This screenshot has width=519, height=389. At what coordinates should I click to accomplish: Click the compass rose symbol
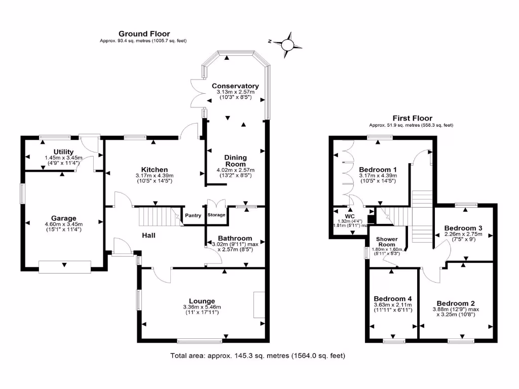(287, 45)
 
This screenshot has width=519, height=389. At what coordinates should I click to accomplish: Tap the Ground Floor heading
(144, 34)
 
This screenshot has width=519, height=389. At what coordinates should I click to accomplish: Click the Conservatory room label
(235, 86)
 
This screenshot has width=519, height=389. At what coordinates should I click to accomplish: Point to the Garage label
(63, 219)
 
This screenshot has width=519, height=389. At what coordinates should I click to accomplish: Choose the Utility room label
(64, 152)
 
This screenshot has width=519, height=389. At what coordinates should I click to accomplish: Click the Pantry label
(193, 215)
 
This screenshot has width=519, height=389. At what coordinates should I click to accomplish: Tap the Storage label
(217, 215)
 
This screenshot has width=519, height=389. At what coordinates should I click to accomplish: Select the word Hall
(149, 236)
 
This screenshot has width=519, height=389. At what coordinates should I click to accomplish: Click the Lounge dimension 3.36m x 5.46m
(202, 307)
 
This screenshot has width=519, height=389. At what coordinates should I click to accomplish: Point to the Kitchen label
(155, 170)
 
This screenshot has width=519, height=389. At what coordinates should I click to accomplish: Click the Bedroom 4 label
(393, 298)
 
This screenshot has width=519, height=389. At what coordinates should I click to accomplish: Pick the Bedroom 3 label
(462, 228)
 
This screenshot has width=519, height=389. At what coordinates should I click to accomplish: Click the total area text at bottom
(258, 356)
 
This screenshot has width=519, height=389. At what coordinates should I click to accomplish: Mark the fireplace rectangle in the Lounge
(259, 305)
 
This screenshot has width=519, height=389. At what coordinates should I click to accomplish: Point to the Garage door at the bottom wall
(65, 266)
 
